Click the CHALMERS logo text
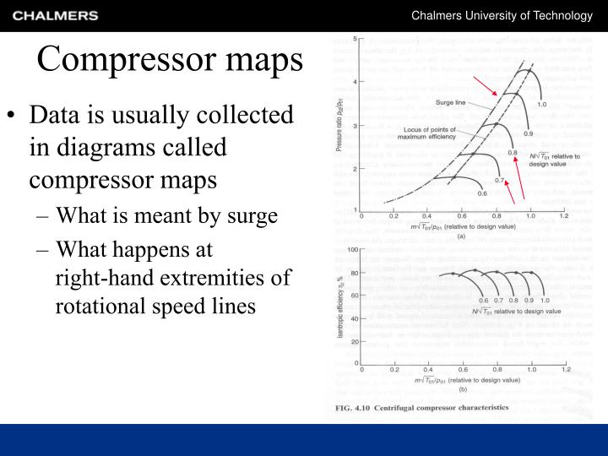[x=56, y=15]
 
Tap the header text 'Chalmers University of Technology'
[x=502, y=15]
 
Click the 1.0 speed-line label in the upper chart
[x=541, y=105]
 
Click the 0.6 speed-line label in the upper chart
[x=483, y=193]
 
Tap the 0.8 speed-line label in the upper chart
[x=512, y=153]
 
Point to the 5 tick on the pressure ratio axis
[x=354, y=39]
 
